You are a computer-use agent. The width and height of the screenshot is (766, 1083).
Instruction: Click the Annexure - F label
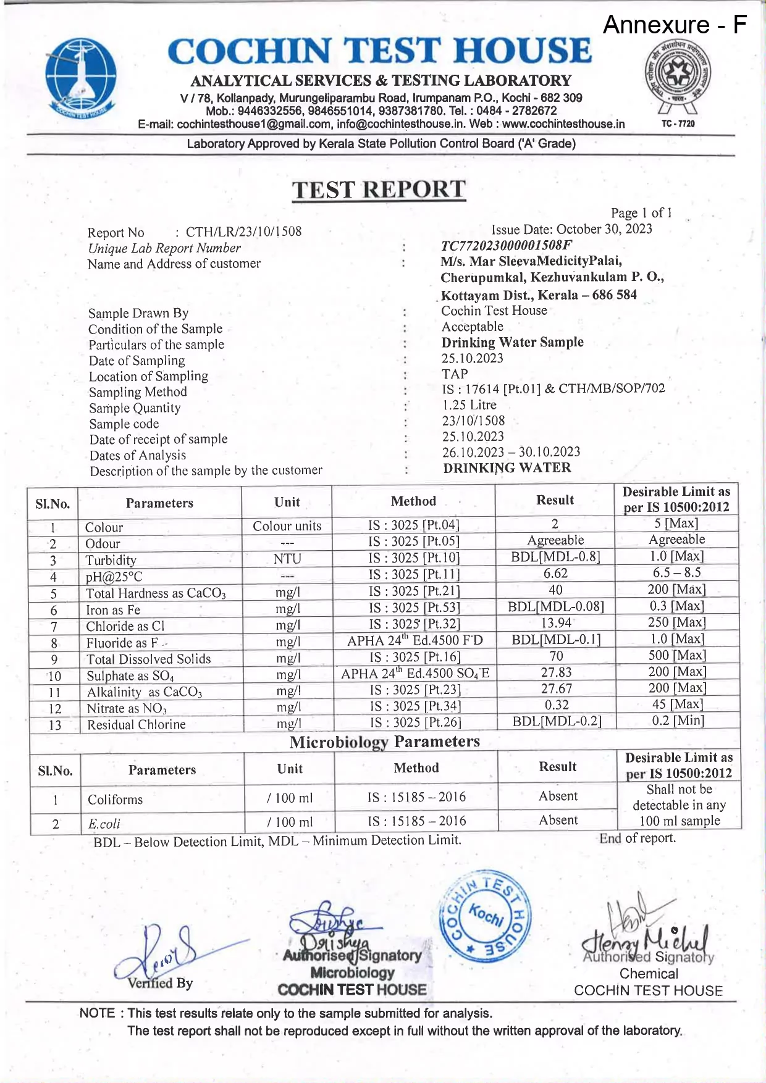pos(674,25)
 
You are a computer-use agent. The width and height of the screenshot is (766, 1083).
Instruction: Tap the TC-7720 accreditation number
pos(678,123)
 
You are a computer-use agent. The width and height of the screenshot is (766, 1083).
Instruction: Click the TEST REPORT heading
pos(379,189)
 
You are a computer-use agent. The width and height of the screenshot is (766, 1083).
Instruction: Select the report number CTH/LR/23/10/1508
pos(243,232)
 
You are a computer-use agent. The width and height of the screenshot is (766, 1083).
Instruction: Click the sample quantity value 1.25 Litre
pos(469,405)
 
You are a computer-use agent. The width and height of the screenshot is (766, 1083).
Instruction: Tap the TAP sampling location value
pos(455,374)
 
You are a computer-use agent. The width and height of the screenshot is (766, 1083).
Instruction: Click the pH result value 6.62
pos(555,573)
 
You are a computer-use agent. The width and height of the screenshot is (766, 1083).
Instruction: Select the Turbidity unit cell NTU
pos(287,559)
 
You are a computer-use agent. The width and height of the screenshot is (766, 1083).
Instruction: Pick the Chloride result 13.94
pos(555,622)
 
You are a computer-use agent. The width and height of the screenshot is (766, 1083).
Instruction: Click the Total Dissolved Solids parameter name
pos(148,659)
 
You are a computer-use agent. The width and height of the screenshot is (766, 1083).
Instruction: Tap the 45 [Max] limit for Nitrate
pos(678,704)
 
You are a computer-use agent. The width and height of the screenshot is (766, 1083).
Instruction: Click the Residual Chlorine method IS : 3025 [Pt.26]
pos(415,722)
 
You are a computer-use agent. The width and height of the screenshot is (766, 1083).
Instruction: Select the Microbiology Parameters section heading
pos(384,742)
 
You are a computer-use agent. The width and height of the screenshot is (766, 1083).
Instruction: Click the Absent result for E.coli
pos(558,820)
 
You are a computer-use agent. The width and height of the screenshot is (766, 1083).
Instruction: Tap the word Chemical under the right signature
pos(649,974)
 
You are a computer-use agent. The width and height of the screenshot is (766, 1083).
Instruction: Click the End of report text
pos(637,838)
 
